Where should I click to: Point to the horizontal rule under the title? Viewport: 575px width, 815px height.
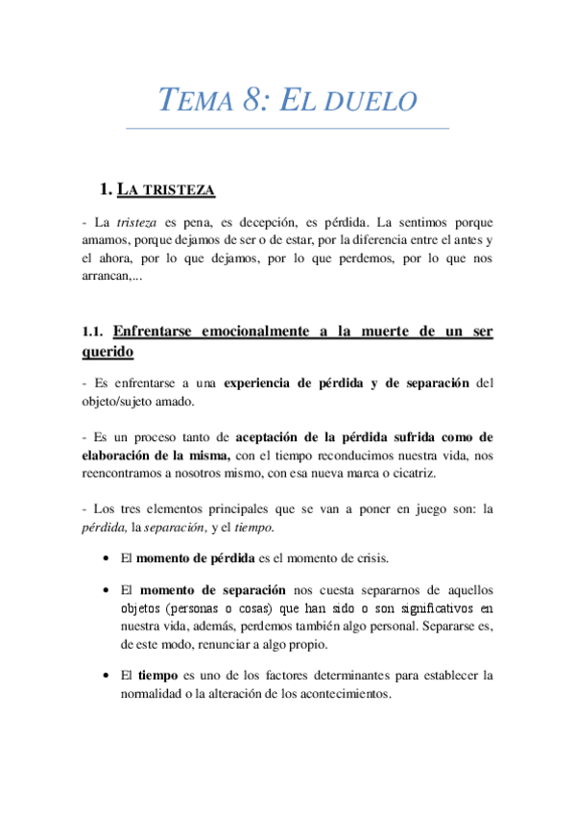coord(287,128)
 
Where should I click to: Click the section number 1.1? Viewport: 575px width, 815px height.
coord(92,332)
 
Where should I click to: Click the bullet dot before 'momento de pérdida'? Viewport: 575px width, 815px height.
coord(105,557)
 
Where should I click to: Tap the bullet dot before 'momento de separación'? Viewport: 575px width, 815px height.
coord(105,589)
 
